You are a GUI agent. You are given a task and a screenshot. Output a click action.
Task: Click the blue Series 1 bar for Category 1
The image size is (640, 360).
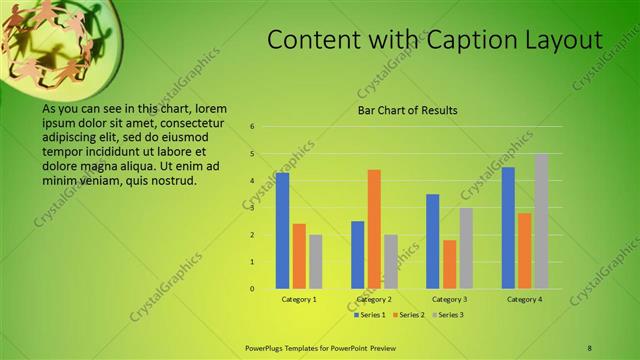(x=283, y=231)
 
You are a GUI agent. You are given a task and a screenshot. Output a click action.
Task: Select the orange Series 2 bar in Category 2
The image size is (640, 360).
(x=374, y=229)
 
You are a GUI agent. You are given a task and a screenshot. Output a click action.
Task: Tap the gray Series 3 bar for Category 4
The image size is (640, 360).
(x=541, y=221)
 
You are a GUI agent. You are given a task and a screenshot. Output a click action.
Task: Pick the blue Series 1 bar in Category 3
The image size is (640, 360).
(x=433, y=241)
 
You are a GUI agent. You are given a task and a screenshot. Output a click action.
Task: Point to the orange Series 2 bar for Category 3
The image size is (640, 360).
(x=449, y=264)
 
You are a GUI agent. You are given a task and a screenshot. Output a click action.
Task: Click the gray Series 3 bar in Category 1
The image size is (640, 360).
(x=315, y=262)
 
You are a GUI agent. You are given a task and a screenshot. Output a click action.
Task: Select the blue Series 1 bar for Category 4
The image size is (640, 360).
(x=508, y=228)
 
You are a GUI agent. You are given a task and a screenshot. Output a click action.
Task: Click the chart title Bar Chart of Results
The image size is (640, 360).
(x=406, y=110)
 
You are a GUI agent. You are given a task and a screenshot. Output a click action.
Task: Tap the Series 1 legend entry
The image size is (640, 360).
(x=370, y=315)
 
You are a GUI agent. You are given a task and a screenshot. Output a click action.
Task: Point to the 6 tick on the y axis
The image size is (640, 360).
(x=253, y=127)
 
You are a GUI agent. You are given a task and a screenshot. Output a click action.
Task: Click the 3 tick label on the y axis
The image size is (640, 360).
(x=253, y=208)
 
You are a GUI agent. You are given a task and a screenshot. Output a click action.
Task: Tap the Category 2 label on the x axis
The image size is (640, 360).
(x=373, y=299)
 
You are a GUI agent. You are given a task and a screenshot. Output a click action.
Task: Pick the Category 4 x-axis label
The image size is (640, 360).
(x=524, y=299)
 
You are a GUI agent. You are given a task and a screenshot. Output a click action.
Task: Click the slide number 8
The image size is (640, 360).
(x=589, y=347)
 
